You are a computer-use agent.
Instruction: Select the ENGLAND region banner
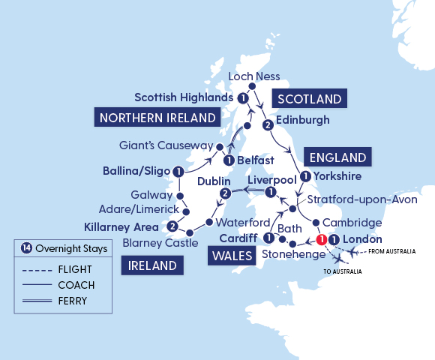point(338,157)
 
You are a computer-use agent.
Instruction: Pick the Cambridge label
point(353,223)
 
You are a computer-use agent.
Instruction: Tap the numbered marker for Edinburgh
point(266,124)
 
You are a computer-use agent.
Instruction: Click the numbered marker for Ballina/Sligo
point(178,172)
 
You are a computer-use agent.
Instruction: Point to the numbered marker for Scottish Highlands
point(242,98)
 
